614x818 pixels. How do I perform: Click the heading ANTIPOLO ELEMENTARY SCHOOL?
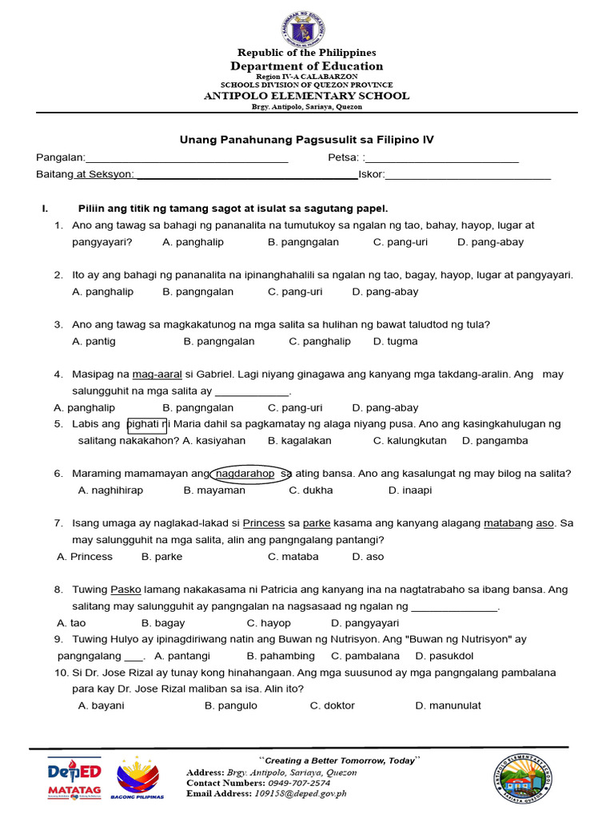pos(307,96)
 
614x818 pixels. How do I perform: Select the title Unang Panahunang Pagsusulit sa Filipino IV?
pos(306,139)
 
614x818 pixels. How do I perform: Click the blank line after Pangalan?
pos(187,158)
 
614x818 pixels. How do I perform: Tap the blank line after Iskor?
pos(468,174)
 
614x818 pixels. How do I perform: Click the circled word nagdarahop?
pos(245,474)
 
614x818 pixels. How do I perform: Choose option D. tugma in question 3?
pos(395,341)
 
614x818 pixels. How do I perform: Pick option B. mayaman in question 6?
pos(214,490)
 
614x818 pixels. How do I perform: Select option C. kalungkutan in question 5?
pos(411,440)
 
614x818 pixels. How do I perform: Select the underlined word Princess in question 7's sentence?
pos(264,523)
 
